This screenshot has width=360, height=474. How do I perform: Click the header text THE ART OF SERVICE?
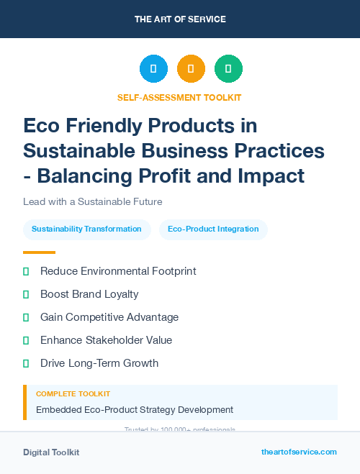[179, 19]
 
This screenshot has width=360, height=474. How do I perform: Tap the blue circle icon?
[153, 69]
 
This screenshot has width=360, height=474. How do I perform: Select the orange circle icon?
[191, 69]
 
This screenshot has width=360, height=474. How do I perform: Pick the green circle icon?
[228, 69]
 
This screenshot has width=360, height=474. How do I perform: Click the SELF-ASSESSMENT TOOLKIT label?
[179, 97]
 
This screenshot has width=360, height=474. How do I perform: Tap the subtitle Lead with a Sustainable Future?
[92, 201]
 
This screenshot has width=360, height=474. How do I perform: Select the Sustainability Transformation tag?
[86, 229]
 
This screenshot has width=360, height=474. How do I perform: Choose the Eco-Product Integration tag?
[213, 229]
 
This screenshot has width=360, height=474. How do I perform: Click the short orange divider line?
[39, 252]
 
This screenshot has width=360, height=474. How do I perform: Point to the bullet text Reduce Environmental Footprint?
[118, 271]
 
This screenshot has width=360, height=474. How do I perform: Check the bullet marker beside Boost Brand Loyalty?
[26, 294]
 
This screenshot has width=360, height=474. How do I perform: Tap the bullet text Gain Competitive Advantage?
[109, 317]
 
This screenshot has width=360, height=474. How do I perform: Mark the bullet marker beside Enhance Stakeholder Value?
[26, 340]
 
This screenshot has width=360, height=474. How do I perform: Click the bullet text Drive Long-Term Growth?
[99, 363]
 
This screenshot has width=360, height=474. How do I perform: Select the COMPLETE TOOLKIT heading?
[73, 394]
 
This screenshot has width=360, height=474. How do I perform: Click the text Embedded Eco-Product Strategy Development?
[135, 410]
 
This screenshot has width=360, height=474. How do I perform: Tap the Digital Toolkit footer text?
[51, 452]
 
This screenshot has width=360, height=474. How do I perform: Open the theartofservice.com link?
[299, 452]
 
